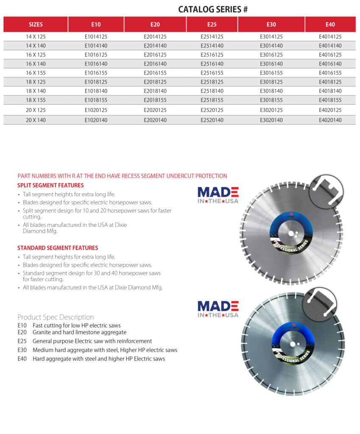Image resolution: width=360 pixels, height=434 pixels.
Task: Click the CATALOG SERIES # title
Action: click(213, 9)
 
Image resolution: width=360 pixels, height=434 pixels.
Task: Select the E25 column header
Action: click(212, 25)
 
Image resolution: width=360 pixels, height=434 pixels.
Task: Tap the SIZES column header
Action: click(36, 25)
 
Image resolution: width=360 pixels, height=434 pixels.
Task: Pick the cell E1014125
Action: click(96, 37)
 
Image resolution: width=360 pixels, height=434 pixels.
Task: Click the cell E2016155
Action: click(155, 73)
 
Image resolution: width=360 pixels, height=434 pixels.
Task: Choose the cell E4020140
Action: click(330, 120)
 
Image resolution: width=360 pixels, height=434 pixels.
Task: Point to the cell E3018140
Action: click(271, 91)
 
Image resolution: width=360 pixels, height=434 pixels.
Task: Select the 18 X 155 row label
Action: click(36, 100)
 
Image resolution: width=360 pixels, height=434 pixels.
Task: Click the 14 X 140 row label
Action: click(36, 46)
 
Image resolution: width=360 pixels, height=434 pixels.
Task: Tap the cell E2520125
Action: click(212, 110)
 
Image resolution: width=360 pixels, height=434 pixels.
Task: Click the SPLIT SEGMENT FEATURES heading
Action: click(50, 185)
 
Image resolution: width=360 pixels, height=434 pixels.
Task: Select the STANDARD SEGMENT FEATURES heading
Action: click(58, 248)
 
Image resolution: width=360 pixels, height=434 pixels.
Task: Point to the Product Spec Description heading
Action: click(56, 317)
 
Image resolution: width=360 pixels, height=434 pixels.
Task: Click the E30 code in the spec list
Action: click(22, 350)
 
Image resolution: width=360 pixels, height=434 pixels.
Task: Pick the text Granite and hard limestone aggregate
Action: click(79, 333)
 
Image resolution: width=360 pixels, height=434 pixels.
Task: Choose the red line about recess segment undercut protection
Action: click(122, 176)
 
